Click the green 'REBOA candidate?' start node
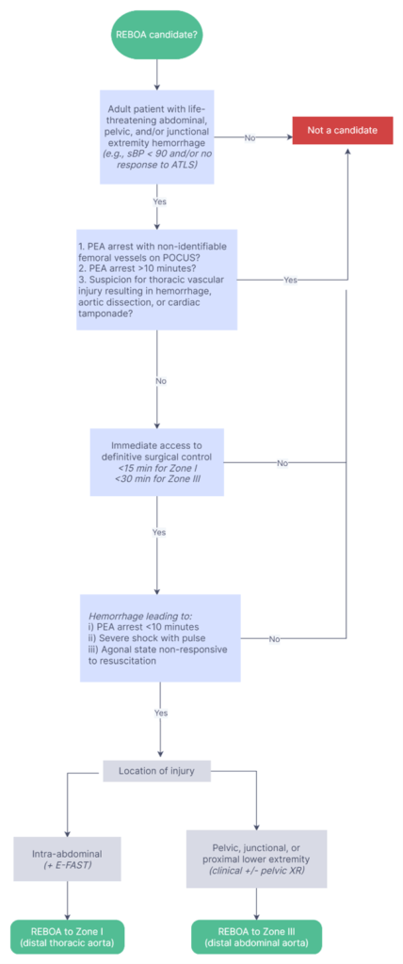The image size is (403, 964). point(157,34)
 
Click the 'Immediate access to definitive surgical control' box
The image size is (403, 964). point(157,462)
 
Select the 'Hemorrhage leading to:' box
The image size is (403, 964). point(159,638)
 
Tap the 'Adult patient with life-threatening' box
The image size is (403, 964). point(157,137)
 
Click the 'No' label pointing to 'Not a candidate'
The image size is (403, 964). point(250,137)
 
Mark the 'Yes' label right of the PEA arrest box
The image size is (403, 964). point(290,280)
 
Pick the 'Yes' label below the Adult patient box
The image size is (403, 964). point(159,201)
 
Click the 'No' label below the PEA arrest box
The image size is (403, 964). point(161,380)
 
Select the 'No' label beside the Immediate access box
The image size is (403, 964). point(282,463)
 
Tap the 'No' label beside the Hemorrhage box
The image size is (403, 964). point(275,639)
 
